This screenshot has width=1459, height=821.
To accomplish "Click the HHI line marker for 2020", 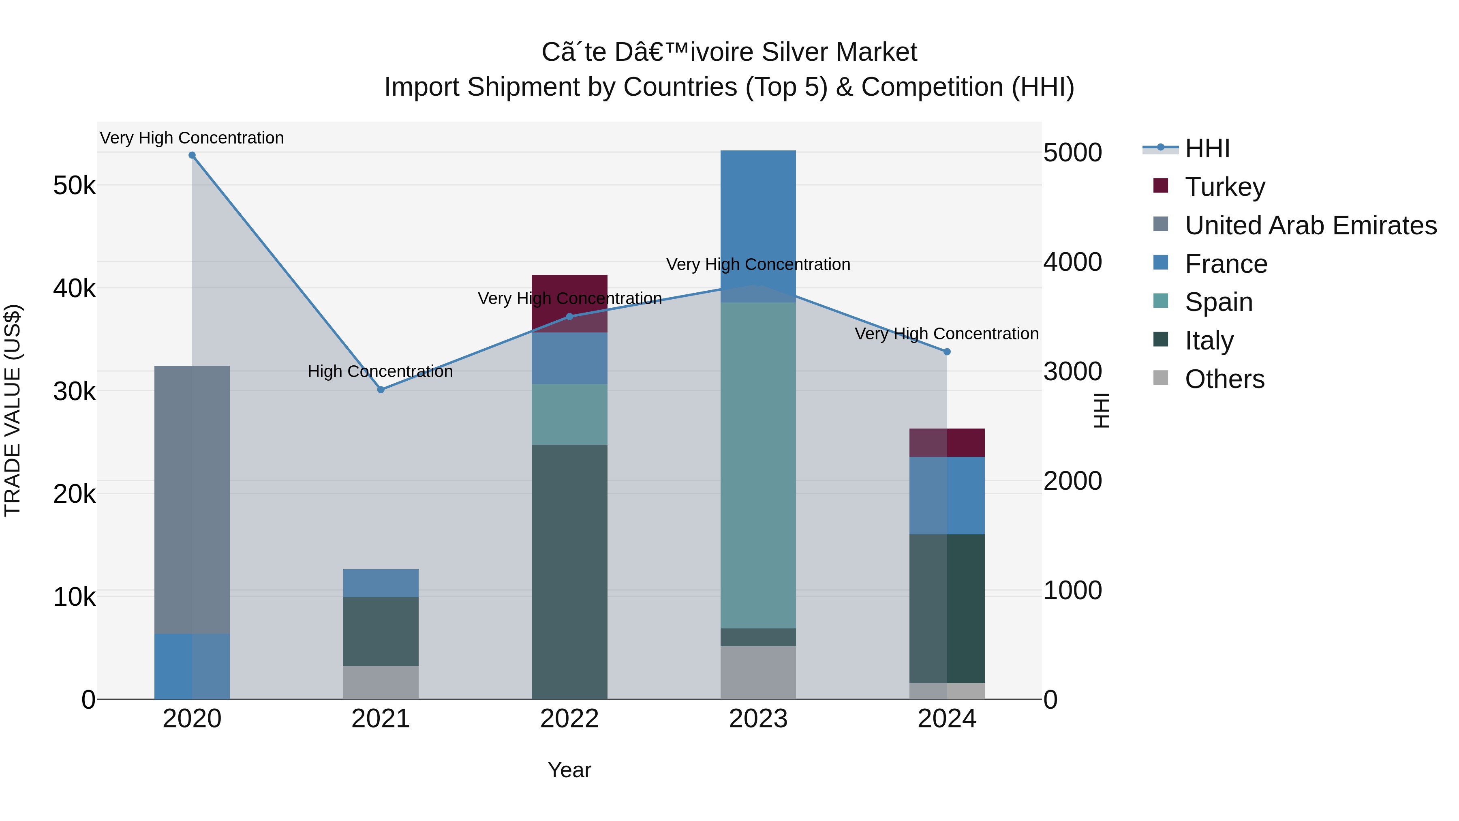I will [x=192, y=155].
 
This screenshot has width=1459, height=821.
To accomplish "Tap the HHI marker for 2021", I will [x=381, y=390].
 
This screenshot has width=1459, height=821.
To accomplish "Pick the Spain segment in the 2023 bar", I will [x=758, y=465].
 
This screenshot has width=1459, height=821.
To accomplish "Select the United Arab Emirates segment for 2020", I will [x=192, y=499].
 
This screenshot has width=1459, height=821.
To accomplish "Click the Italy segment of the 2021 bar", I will [x=381, y=631].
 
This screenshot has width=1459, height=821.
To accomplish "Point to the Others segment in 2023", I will [x=758, y=673].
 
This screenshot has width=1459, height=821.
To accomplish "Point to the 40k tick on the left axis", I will [x=74, y=288].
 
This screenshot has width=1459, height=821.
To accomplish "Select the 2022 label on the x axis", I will [x=569, y=719].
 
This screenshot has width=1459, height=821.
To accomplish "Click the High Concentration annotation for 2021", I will [x=380, y=372].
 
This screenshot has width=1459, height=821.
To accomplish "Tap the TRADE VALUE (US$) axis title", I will [x=13, y=410].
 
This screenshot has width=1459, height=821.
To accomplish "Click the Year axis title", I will [x=569, y=770].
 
